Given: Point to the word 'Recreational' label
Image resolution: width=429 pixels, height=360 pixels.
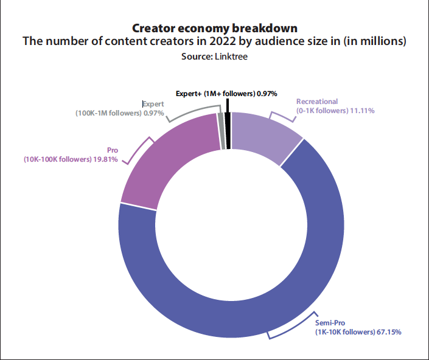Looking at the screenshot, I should pos(317,102).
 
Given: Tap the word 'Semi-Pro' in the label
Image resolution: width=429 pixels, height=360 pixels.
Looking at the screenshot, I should pos(329,323).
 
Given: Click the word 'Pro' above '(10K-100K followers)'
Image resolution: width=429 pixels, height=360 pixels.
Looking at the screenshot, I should pos(112,150).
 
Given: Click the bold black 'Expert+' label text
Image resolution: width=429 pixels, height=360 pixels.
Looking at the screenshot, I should pos(189,94).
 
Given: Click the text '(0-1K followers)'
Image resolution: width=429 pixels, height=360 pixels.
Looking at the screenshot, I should pos(321,111).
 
